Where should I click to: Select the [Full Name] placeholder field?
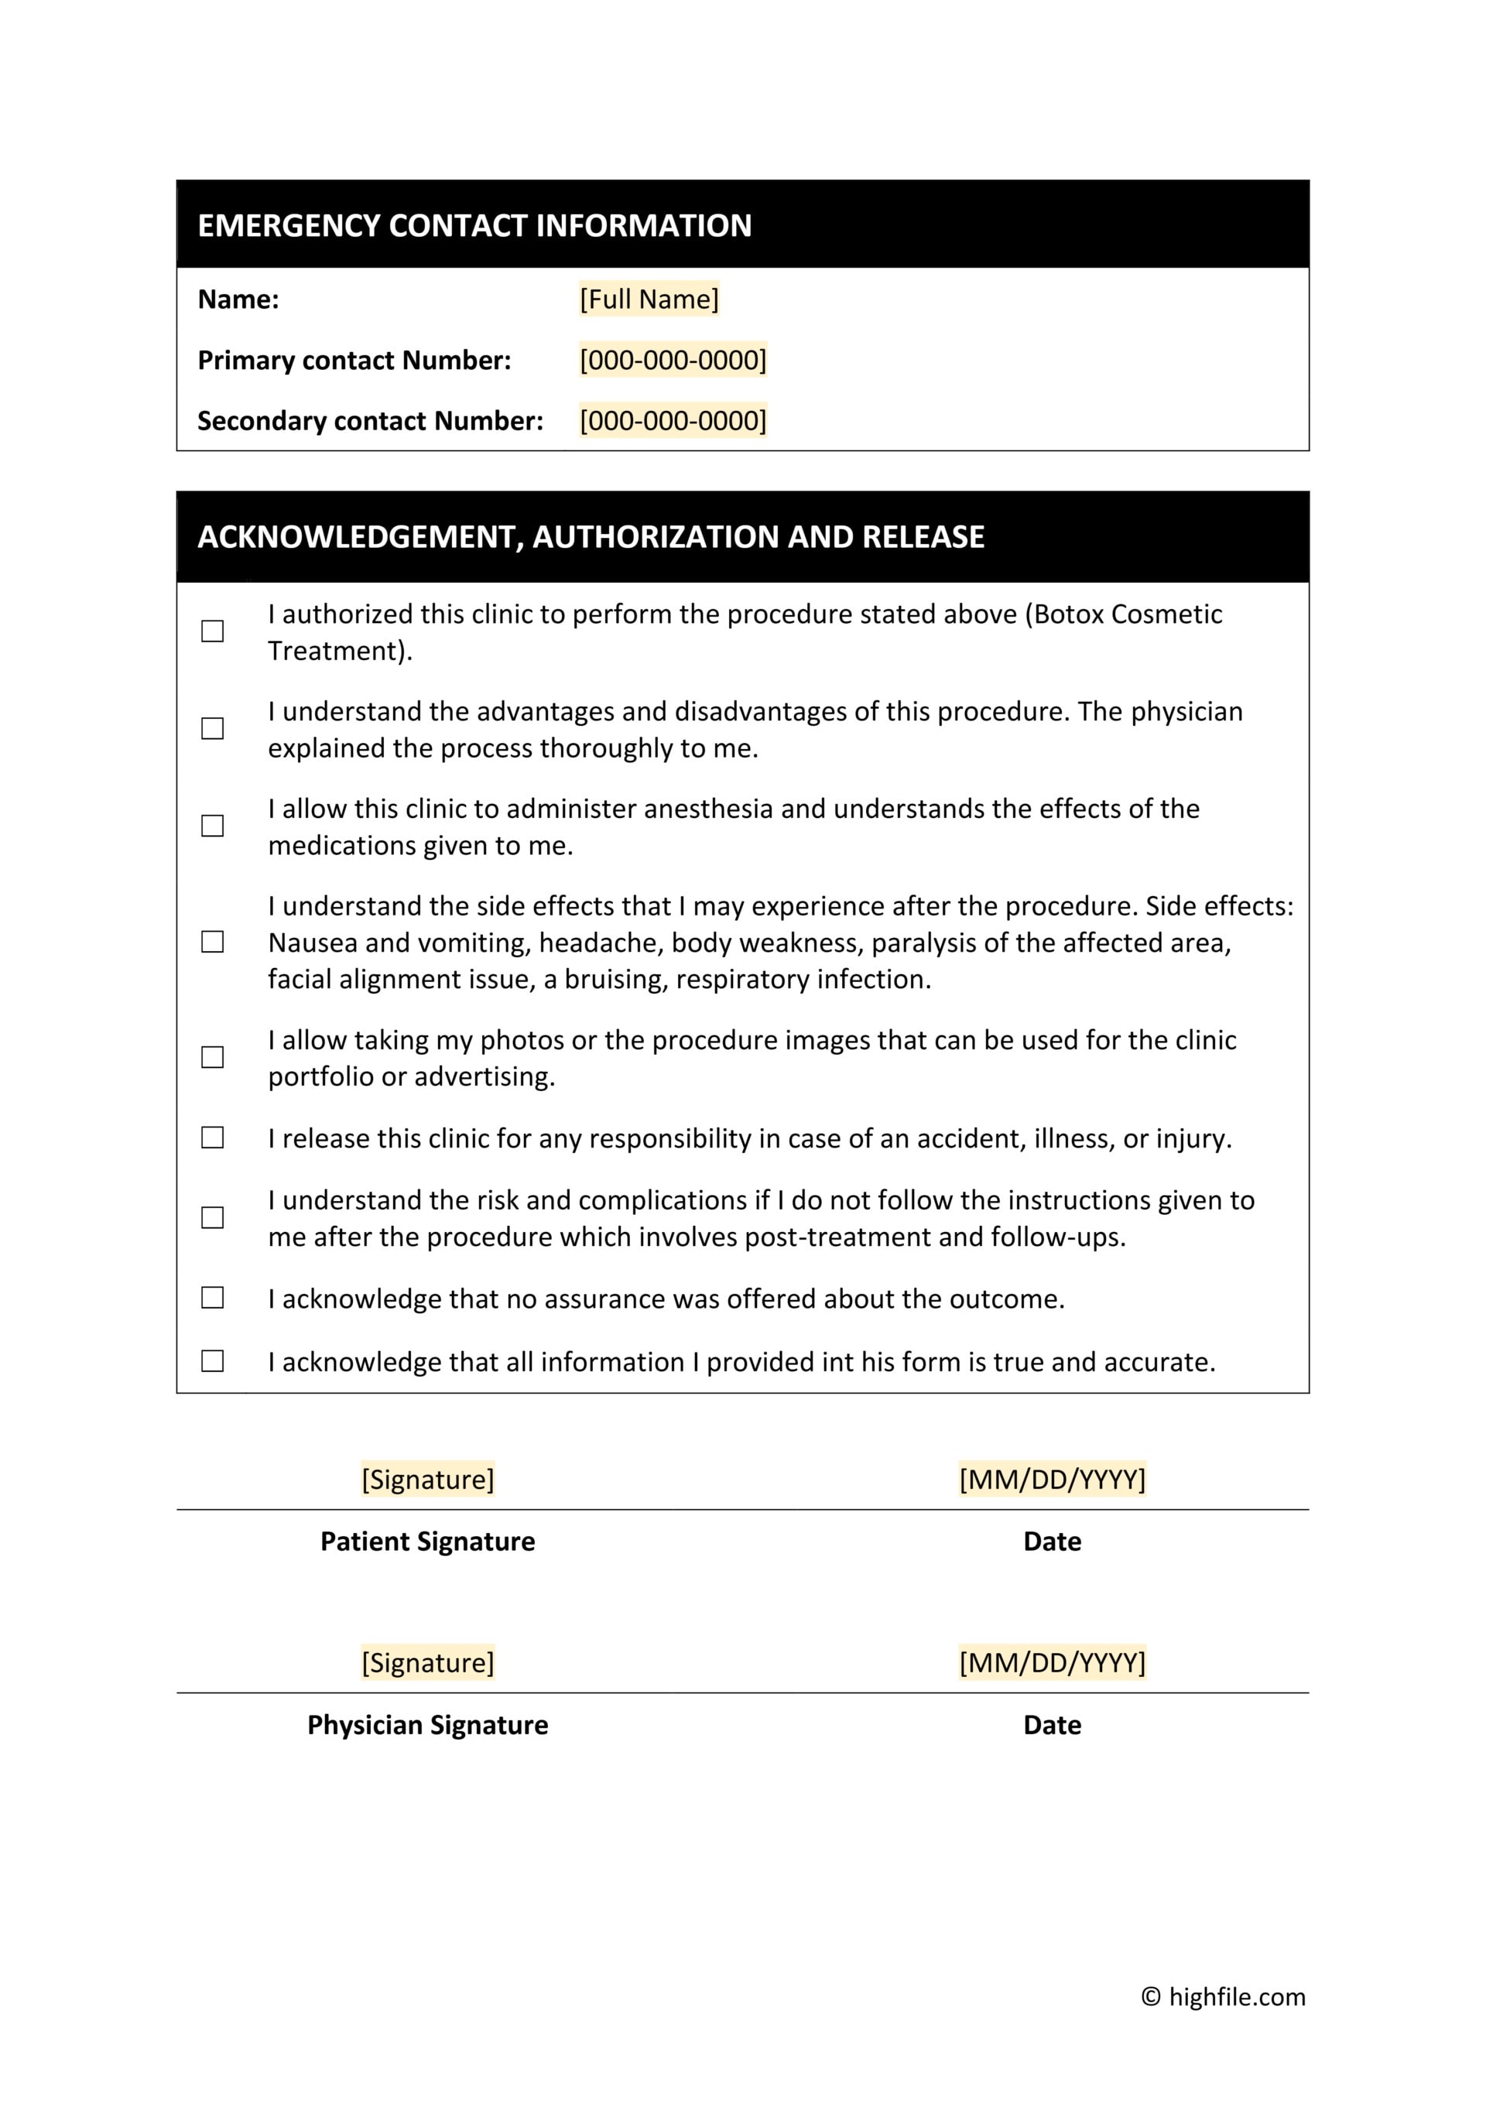click(x=649, y=299)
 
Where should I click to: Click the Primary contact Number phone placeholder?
click(x=673, y=360)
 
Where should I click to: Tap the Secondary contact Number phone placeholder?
click(x=673, y=421)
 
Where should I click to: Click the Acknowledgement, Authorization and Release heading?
click(x=591, y=536)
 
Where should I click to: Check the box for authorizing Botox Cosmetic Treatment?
click(x=212, y=631)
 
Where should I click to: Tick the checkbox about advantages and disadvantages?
click(x=212, y=728)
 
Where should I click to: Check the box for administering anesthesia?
click(x=212, y=826)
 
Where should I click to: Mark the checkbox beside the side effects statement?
click(x=212, y=942)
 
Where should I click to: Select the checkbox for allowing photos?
click(x=212, y=1057)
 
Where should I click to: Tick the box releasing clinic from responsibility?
click(x=212, y=1138)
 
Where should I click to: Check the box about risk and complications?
click(x=212, y=1217)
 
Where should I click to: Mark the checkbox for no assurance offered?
click(x=212, y=1298)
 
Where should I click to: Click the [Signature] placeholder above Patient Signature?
click(x=427, y=1480)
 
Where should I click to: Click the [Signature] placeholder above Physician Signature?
click(x=427, y=1663)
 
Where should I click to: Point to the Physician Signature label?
click(x=427, y=1725)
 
